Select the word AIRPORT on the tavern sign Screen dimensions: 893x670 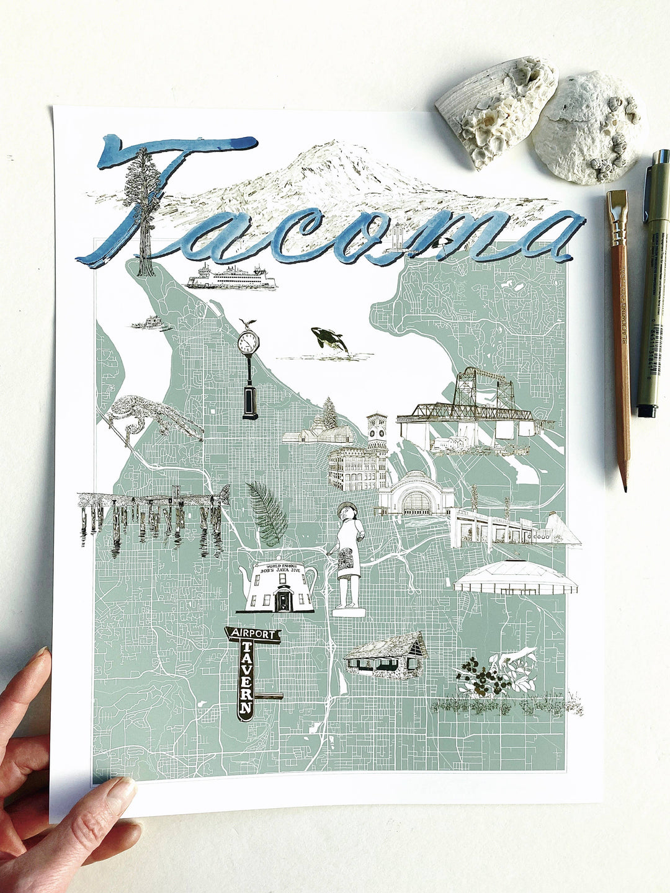click(253, 634)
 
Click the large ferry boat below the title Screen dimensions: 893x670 click(231, 277)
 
